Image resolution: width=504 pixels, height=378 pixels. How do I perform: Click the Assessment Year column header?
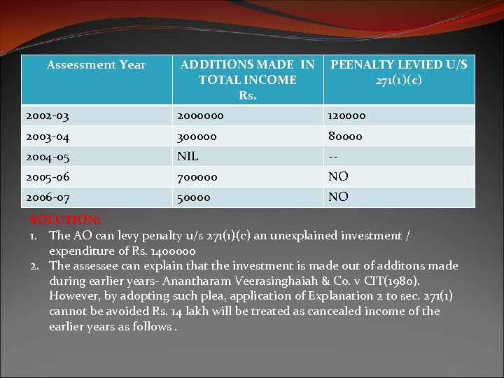[x=96, y=65]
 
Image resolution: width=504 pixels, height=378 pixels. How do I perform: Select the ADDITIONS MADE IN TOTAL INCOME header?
[x=247, y=79]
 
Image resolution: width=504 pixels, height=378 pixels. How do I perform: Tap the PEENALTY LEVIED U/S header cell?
[x=399, y=72]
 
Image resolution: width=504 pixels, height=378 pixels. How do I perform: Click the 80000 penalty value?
[x=346, y=137]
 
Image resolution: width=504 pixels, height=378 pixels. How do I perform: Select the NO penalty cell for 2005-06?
[x=339, y=177]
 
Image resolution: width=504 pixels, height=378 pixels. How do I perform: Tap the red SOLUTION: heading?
[x=66, y=220]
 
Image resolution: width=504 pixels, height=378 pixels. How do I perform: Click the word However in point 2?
[x=76, y=296]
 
